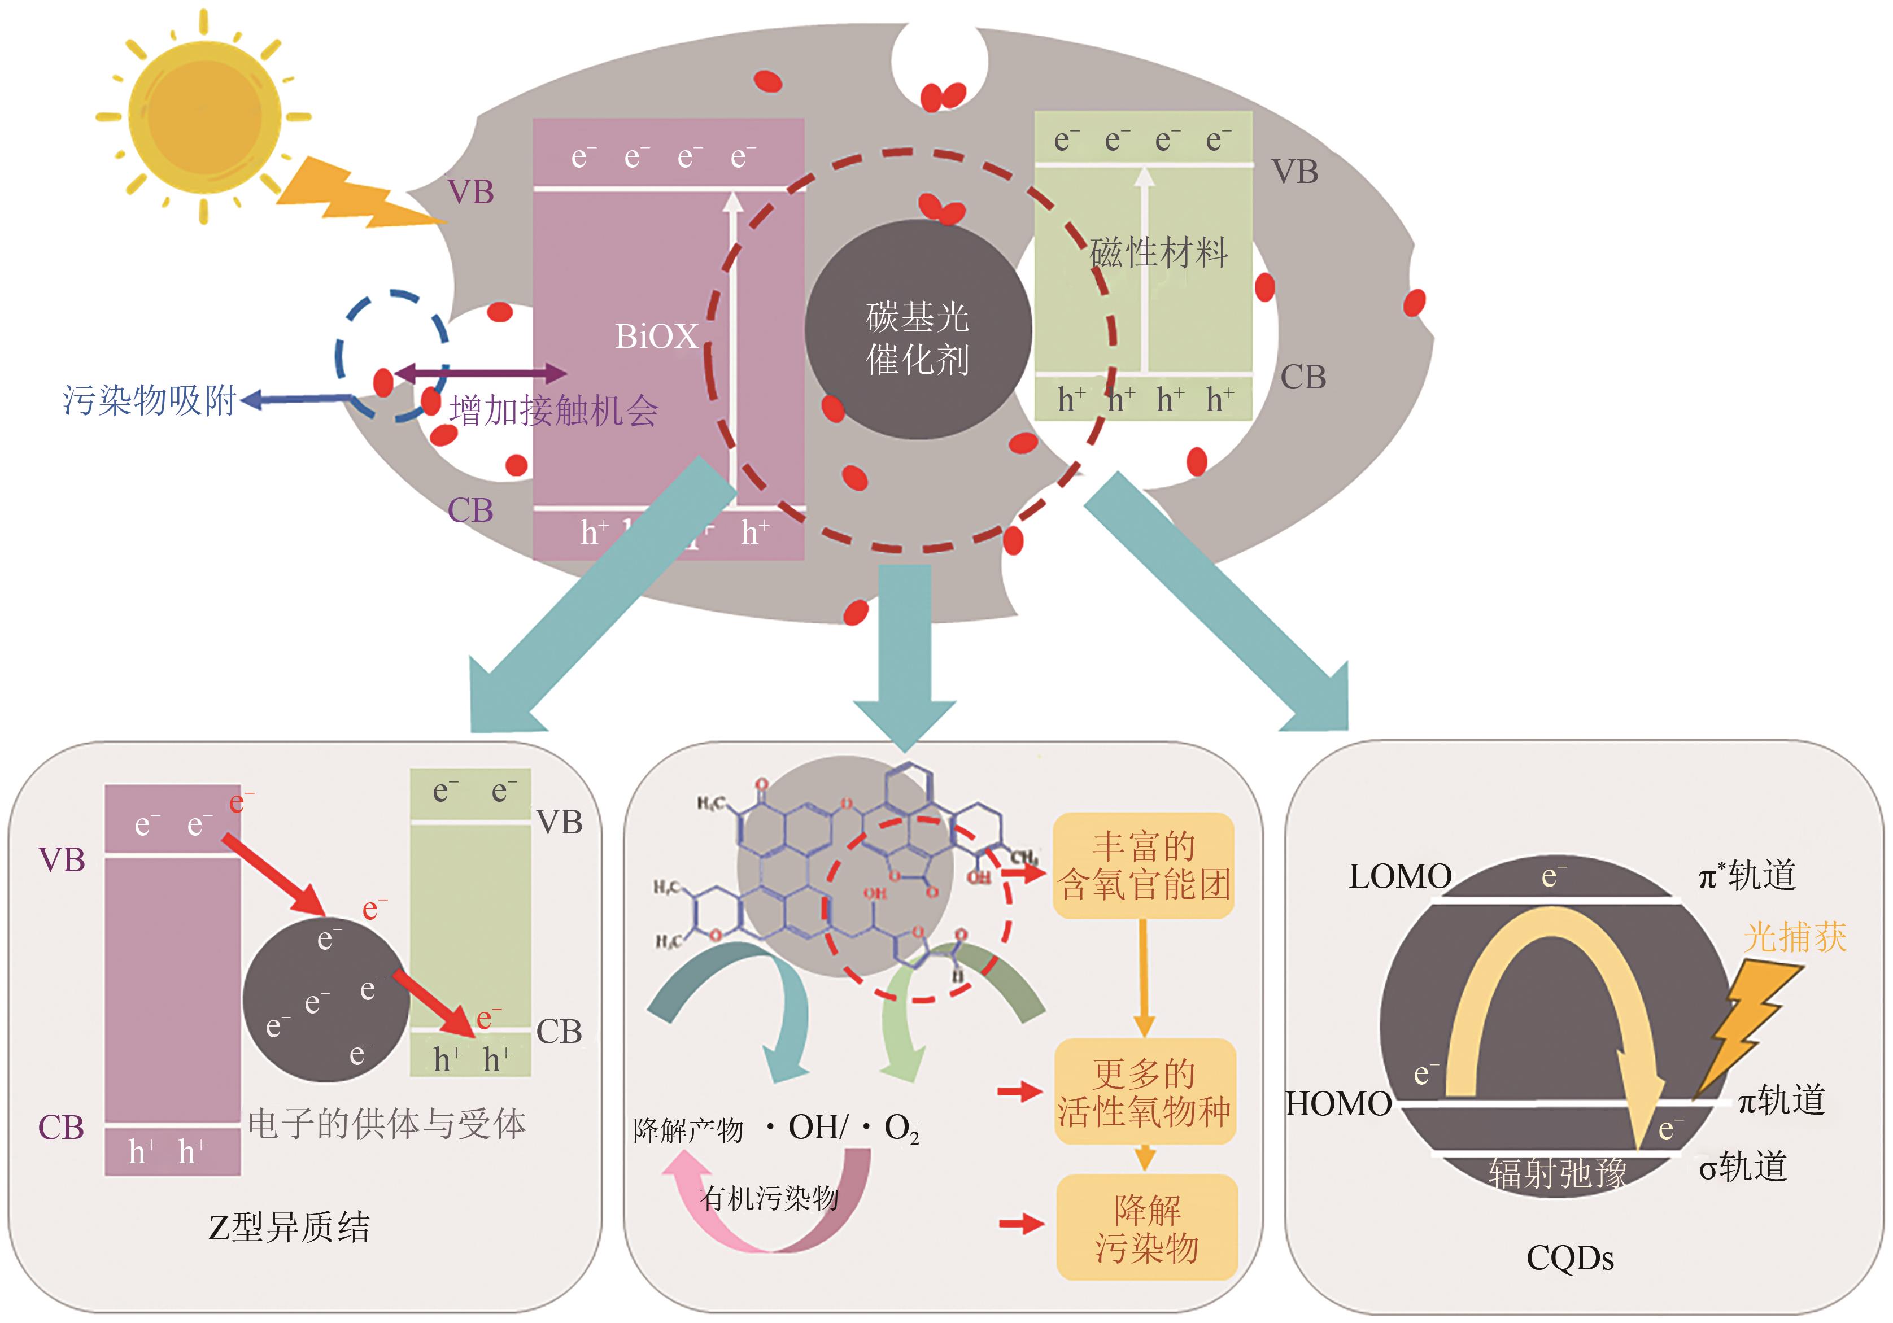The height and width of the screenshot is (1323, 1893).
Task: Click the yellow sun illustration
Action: (204, 113)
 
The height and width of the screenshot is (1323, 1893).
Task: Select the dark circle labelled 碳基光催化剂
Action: (918, 330)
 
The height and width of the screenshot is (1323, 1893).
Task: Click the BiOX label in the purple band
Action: (656, 337)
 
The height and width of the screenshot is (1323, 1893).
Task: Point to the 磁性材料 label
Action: (1158, 252)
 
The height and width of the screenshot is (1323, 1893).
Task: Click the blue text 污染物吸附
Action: (150, 400)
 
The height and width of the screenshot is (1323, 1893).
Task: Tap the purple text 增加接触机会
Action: (553, 410)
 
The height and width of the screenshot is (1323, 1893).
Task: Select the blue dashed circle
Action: (391, 355)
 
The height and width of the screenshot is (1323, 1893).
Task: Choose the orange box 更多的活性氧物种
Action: (1144, 1091)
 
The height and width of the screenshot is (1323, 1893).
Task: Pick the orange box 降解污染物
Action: (1146, 1228)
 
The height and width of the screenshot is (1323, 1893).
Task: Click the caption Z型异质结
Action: (289, 1226)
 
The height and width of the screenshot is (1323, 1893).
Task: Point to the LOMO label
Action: (1400, 876)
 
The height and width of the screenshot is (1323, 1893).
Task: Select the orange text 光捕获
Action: (1795, 937)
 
